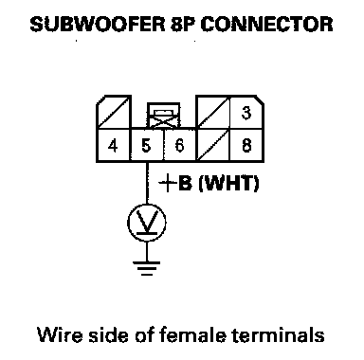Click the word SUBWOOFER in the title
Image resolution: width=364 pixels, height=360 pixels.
coord(98,25)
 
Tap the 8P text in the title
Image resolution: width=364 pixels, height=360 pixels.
coord(182,25)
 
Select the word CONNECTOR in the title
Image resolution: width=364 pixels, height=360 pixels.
coord(266,25)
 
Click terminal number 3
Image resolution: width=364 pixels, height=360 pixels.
coord(246,113)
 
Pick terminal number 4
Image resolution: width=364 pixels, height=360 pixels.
coord(113,146)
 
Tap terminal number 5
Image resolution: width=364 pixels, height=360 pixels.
coord(146,146)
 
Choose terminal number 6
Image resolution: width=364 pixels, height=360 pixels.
coord(179,146)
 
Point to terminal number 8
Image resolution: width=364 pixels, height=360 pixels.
coord(246,146)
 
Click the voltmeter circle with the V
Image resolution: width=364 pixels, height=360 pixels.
coord(147,223)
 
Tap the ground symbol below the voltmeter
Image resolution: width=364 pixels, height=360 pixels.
coord(147,268)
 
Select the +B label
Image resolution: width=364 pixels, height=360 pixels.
coord(175,183)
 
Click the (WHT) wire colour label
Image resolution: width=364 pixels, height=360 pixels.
coord(229,183)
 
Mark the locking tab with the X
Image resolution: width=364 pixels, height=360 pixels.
coord(164,116)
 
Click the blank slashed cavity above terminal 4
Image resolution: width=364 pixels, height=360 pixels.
coord(114,112)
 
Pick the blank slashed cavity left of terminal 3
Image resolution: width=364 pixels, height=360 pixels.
coord(213,112)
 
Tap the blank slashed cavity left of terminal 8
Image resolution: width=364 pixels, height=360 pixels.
coord(213,145)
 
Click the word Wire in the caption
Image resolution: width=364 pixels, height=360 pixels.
coord(60,334)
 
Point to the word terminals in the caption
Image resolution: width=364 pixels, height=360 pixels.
coord(279,334)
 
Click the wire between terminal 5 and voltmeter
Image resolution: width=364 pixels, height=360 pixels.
coord(147,183)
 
